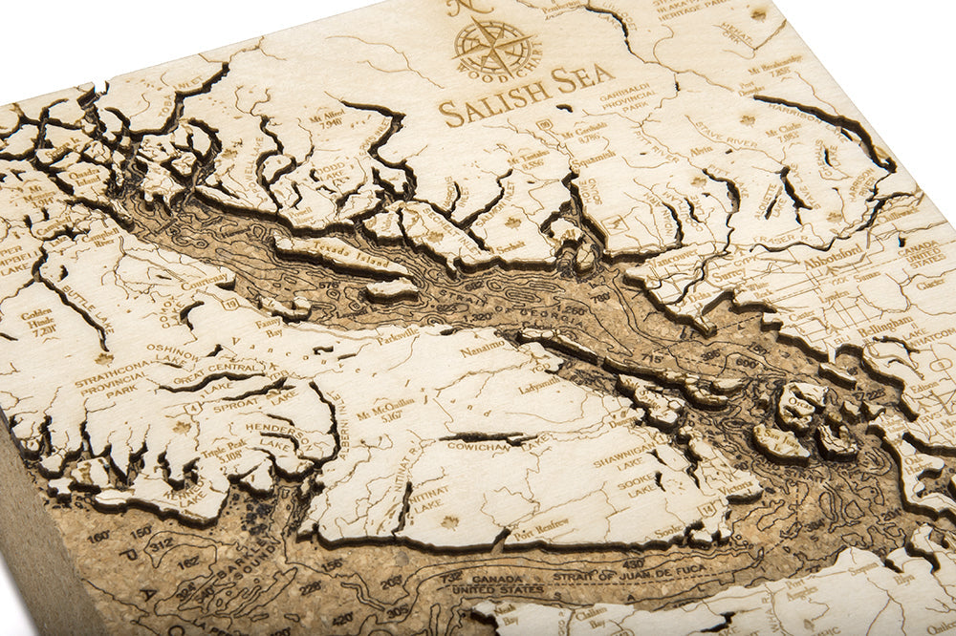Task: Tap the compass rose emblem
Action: click(x=493, y=46)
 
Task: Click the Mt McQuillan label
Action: click(x=385, y=409)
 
